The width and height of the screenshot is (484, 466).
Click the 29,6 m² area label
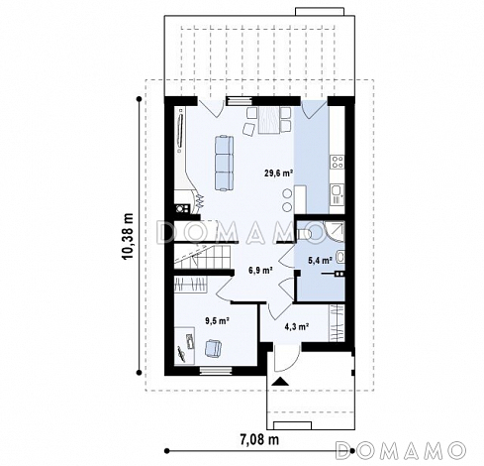278,173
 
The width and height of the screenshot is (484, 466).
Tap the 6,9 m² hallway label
260,270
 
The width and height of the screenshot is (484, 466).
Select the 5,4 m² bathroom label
320,261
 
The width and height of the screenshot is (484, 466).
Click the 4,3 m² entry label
297,327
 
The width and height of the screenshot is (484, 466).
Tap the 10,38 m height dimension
128,235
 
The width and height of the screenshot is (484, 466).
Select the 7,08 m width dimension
259,439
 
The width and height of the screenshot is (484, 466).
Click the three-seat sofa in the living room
225,163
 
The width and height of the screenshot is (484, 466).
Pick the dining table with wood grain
269,120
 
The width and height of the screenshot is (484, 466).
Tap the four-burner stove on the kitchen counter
338,162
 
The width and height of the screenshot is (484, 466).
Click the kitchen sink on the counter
337,194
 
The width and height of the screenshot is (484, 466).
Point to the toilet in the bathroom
304,234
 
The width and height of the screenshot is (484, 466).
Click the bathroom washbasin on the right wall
340,258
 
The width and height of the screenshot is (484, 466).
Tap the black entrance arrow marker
280,381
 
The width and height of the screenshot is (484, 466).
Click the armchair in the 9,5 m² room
213,349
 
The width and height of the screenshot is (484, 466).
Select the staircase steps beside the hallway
203,257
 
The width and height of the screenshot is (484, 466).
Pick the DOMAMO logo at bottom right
401,450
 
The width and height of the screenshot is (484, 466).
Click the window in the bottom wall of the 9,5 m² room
216,371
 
